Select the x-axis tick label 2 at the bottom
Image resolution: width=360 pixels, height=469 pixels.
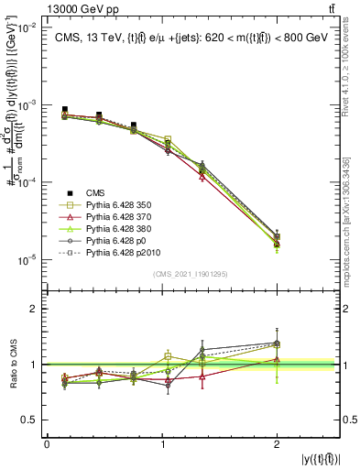pos(277,446)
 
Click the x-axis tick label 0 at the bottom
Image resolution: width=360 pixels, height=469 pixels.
pos(47,446)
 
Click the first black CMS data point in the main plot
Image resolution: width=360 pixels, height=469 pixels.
pos(64,110)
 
